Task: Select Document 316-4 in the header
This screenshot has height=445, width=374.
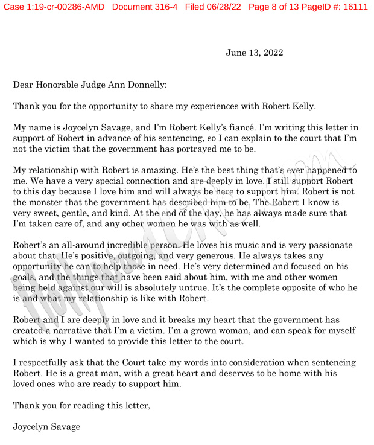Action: pyautogui.click(x=145, y=7)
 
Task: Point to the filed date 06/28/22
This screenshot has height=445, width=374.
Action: pyautogui.click(x=217, y=7)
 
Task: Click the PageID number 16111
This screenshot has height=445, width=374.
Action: pyautogui.click(x=352, y=7)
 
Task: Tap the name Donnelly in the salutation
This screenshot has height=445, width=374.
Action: pyautogui.click(x=142, y=86)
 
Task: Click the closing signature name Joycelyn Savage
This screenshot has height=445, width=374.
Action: pyautogui.click(x=46, y=427)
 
